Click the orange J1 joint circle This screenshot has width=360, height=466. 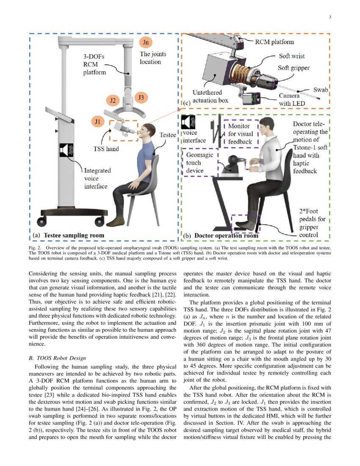point(98,122)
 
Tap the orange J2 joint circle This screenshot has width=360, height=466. point(113,101)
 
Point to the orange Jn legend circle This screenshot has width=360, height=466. point(146,42)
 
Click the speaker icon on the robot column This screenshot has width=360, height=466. point(67,150)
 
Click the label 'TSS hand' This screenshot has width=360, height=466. point(106,149)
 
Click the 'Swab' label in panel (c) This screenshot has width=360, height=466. point(321,90)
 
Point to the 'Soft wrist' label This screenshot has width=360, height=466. point(291,56)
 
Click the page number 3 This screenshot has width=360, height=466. point(330,17)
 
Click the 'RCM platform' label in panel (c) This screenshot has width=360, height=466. point(274,42)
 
